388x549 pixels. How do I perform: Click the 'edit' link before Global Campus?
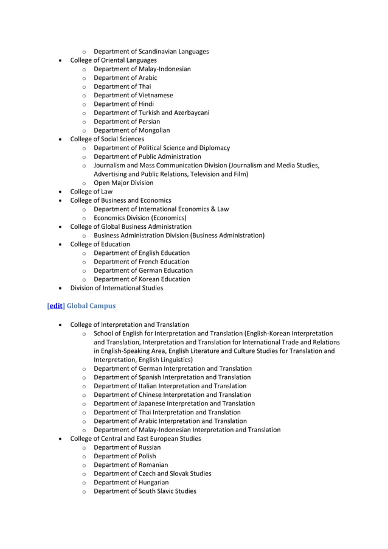click(x=56, y=306)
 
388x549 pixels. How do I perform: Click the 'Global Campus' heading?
click(x=91, y=306)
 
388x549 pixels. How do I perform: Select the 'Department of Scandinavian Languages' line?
click(x=151, y=51)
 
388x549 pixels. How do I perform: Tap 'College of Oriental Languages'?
click(x=113, y=60)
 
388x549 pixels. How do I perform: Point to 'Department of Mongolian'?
click(x=131, y=130)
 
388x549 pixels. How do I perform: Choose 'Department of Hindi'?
click(x=123, y=104)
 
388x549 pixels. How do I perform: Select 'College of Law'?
click(x=91, y=192)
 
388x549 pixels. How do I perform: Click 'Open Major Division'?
click(x=123, y=183)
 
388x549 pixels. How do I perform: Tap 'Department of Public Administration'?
click(x=147, y=156)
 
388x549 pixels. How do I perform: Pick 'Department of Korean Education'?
click(x=142, y=279)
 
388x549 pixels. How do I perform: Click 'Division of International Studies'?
click(x=117, y=288)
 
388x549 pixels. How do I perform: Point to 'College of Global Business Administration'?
click(x=131, y=226)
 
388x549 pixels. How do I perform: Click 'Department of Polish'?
click(x=125, y=456)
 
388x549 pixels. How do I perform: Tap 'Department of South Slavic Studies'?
click(x=145, y=491)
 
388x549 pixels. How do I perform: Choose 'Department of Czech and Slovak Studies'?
click(x=152, y=474)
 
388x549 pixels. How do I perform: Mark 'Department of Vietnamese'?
click(x=133, y=95)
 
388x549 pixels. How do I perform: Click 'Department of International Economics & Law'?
click(x=161, y=209)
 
